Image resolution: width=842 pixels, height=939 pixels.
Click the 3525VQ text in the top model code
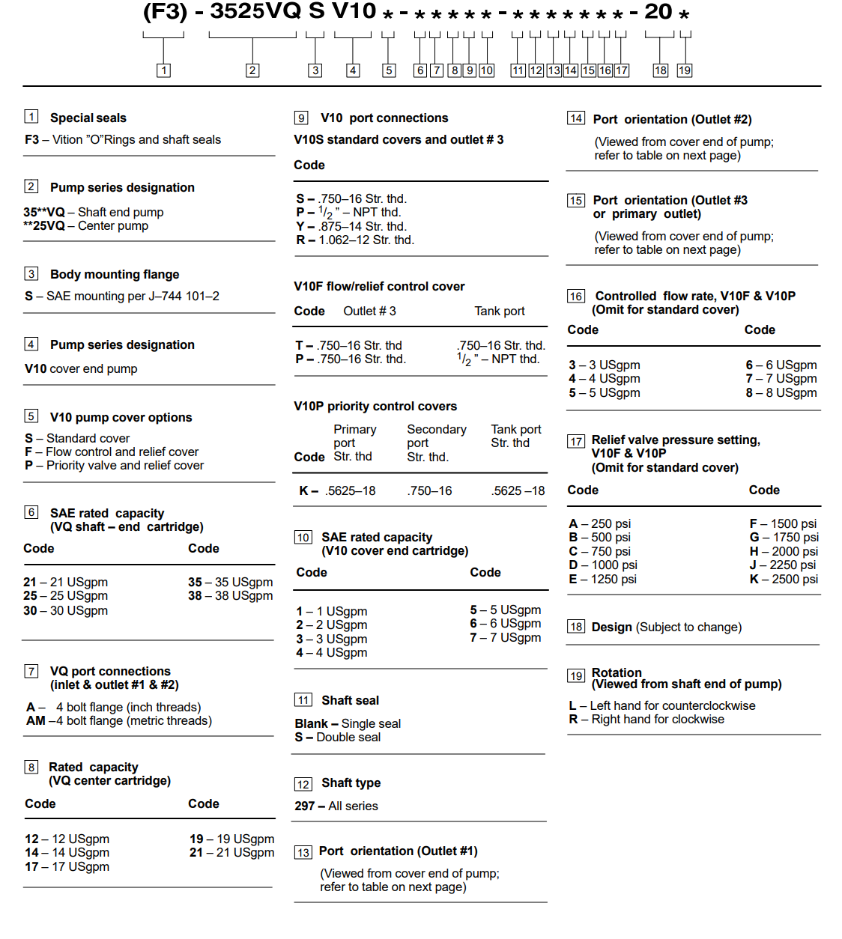pyautogui.click(x=255, y=12)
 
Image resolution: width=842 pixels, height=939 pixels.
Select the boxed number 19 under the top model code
pyautogui.click(x=684, y=70)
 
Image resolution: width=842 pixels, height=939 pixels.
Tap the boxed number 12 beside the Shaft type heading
pyautogui.click(x=303, y=784)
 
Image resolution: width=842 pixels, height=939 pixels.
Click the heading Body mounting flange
pyautogui.click(x=115, y=275)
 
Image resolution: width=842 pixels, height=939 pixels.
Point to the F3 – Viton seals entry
pyautogui.click(x=123, y=140)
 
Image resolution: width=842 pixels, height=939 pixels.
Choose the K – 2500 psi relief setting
pyautogui.click(x=784, y=579)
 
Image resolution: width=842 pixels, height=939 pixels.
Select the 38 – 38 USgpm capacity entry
pyautogui.click(x=230, y=596)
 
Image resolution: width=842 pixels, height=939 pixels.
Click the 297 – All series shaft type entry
pyautogui.click(x=336, y=806)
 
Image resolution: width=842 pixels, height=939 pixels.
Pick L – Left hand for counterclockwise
pyautogui.click(x=662, y=705)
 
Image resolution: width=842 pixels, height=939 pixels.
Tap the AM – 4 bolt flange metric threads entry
pyautogui.click(x=119, y=721)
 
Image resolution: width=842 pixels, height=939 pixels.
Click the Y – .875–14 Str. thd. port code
pyautogui.click(x=351, y=226)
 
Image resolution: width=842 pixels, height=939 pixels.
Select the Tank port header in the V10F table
pyautogui.click(x=499, y=312)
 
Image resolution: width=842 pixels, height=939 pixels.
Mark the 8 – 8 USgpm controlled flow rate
pyautogui.click(x=781, y=393)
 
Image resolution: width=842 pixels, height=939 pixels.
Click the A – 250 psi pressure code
pyautogui.click(x=599, y=524)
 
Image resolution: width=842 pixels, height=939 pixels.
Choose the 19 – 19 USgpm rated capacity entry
pyautogui.click(x=231, y=839)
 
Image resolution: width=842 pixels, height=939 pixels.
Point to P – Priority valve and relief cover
pyautogui.click(x=114, y=466)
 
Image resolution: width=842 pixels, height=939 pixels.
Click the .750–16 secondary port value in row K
pyautogui.click(x=429, y=491)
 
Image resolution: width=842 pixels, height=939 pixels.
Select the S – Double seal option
pyautogui.click(x=337, y=738)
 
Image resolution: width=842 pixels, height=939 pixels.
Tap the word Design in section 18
pyautogui.click(x=611, y=627)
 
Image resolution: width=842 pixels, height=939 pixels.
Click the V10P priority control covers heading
pyautogui.click(x=375, y=407)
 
